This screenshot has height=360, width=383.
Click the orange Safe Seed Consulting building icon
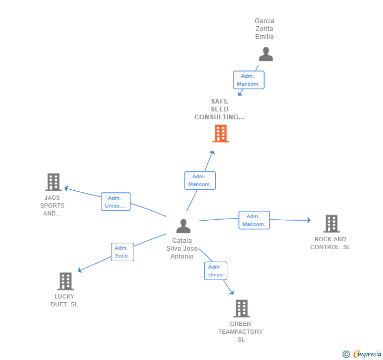pos(220,133)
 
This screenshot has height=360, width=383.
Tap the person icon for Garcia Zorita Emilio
pos(266,54)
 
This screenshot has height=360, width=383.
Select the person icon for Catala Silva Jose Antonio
pos(183,226)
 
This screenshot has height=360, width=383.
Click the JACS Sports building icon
pos(53,182)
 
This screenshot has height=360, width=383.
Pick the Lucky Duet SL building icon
pos(65,281)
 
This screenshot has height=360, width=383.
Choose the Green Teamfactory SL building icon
pos(241,308)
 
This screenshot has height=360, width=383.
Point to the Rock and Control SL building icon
pos(331,223)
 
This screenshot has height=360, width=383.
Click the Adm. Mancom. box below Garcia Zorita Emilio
pos(249,80)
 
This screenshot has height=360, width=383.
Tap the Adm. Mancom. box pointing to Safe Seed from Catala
pos(200,180)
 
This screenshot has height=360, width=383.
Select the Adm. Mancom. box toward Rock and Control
pos(254,220)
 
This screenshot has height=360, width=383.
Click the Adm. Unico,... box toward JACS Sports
pos(115,202)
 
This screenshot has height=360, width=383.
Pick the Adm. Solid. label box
pos(123,252)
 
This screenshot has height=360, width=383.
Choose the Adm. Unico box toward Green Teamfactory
pos(216,271)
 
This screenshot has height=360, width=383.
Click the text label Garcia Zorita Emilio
pos(265,29)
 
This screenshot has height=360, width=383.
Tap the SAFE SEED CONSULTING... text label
pos(219,109)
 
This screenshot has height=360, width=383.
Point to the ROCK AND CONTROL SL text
pos(330,243)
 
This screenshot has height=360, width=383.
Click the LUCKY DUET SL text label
pos(64,300)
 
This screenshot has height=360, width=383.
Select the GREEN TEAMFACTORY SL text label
pos(240,332)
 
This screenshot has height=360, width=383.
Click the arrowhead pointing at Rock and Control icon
pos(308,220)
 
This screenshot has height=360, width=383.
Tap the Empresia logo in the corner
pos(362,354)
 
